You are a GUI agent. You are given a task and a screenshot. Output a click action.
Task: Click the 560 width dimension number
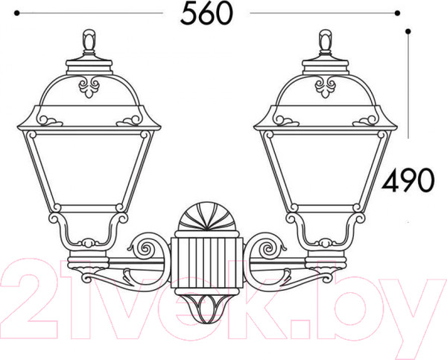coord(206,13)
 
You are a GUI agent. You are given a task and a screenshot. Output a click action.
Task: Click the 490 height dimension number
coord(408,180)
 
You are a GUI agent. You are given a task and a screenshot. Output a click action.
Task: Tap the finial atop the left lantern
coord(89,42)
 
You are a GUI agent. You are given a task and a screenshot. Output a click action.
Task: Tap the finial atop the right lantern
coord(326,42)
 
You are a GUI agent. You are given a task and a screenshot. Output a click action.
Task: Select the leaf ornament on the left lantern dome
coord(89,86)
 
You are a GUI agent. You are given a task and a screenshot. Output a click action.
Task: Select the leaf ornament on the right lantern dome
coord(326,86)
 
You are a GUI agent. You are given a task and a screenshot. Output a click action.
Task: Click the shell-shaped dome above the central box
coord(207,217)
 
